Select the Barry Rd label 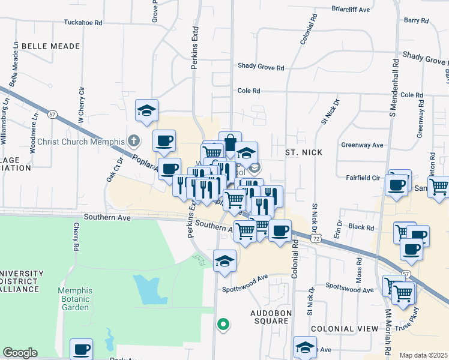416,20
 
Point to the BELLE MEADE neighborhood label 50,46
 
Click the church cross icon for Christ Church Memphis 133,142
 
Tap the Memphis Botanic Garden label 74,299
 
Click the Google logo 20,353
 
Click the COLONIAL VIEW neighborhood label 345,329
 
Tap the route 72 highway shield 315,238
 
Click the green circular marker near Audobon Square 223,325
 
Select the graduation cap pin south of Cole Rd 146,110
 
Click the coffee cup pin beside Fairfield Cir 397,185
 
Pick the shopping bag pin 230,143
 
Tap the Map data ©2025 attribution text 423,355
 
